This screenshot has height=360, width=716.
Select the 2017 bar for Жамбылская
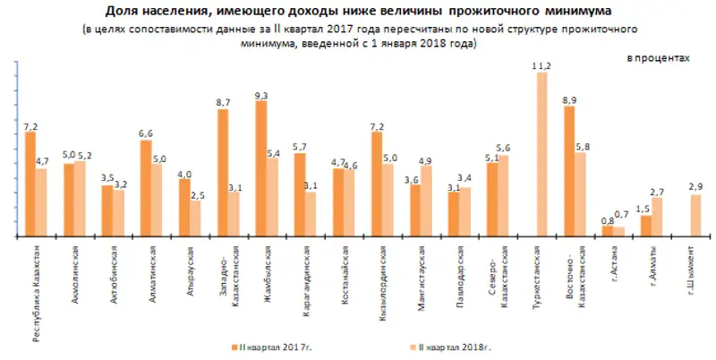260,169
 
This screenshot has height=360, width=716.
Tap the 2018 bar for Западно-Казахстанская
234,215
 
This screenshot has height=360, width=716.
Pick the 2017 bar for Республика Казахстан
30,184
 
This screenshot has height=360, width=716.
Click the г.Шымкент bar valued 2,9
695,216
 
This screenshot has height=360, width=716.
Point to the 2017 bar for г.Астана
608,231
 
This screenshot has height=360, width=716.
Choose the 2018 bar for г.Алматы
657,218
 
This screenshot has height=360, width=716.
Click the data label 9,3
260,94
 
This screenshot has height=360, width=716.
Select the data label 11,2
541,65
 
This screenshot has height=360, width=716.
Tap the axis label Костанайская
337,272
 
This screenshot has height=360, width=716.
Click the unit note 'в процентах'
658,57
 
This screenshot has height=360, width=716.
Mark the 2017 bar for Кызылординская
377,184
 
